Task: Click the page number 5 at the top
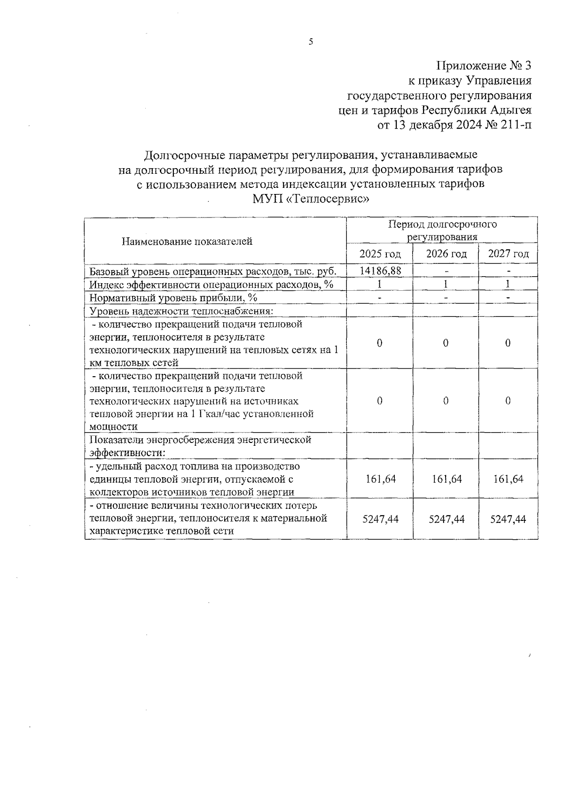click(311, 42)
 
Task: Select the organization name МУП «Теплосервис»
click(311, 199)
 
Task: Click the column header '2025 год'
click(380, 254)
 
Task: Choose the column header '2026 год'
click(446, 254)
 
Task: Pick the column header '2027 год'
click(508, 254)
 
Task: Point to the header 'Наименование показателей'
click(187, 241)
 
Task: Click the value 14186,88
click(380, 271)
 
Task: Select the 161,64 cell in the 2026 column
click(446, 479)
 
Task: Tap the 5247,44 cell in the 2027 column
click(508, 519)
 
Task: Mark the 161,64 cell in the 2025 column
click(380, 479)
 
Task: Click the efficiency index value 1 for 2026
click(446, 284)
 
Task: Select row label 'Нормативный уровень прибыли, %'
click(173, 298)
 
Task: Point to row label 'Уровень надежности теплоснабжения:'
click(181, 311)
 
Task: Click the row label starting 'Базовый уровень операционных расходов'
click(213, 271)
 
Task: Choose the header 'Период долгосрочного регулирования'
click(442, 230)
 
